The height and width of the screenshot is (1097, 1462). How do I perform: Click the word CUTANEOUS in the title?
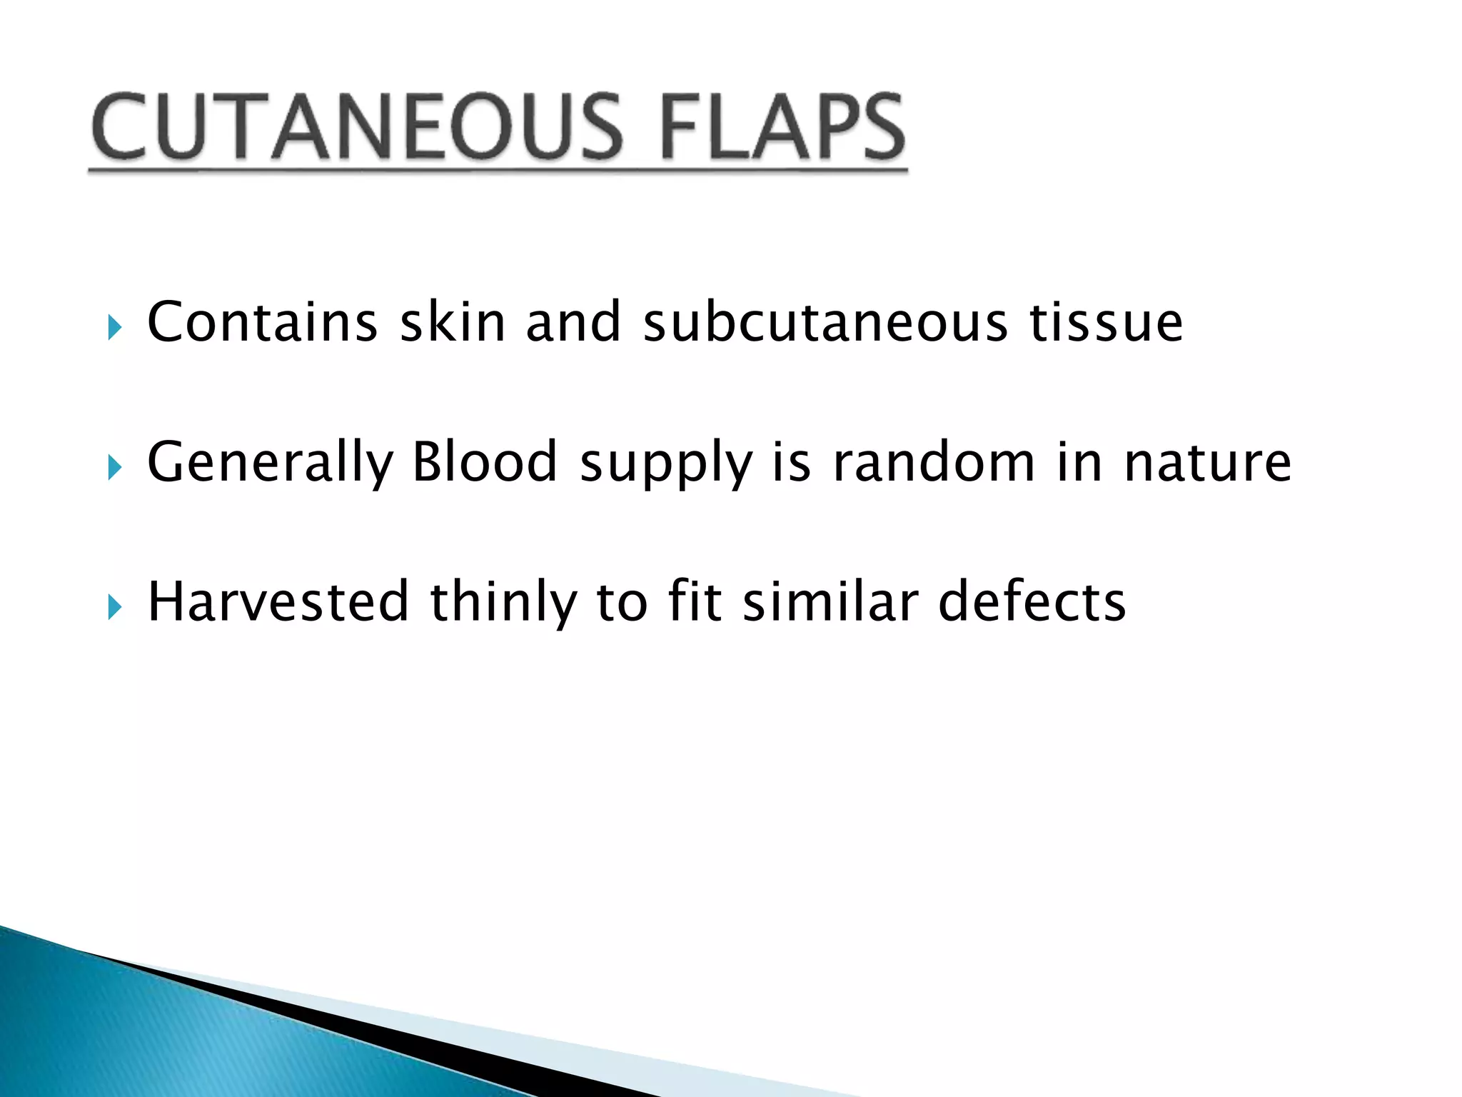pyautogui.click(x=357, y=127)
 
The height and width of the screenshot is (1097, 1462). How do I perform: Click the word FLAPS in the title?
pyautogui.click(x=782, y=127)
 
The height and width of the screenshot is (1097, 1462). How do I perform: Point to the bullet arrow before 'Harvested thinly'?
pyautogui.click(x=114, y=608)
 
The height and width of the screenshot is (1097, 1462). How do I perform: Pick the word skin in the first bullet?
pyautogui.click(x=453, y=322)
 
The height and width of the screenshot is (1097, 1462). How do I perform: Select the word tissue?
pyautogui.click(x=1106, y=322)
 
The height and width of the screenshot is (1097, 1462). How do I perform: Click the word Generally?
pyautogui.click(x=271, y=464)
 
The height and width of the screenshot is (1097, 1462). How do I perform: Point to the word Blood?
pyautogui.click(x=485, y=462)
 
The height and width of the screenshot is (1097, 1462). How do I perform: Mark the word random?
pyautogui.click(x=934, y=462)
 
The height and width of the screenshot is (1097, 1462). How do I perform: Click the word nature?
pyautogui.click(x=1207, y=464)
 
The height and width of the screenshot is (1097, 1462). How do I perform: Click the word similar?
pyautogui.click(x=830, y=602)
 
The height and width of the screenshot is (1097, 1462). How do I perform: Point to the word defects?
pyautogui.click(x=1032, y=602)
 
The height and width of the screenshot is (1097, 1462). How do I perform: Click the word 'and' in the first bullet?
pyautogui.click(x=573, y=322)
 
